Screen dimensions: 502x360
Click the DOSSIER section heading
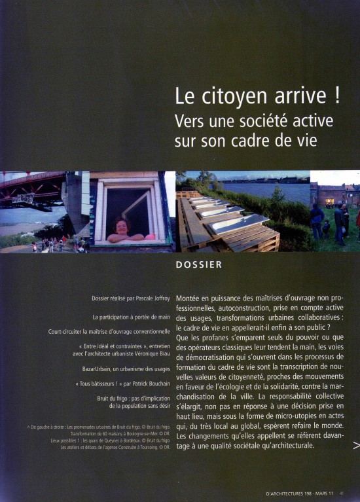point(200,265)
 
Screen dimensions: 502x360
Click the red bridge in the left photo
point(33,187)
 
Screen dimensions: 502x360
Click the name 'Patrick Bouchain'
point(148,384)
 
